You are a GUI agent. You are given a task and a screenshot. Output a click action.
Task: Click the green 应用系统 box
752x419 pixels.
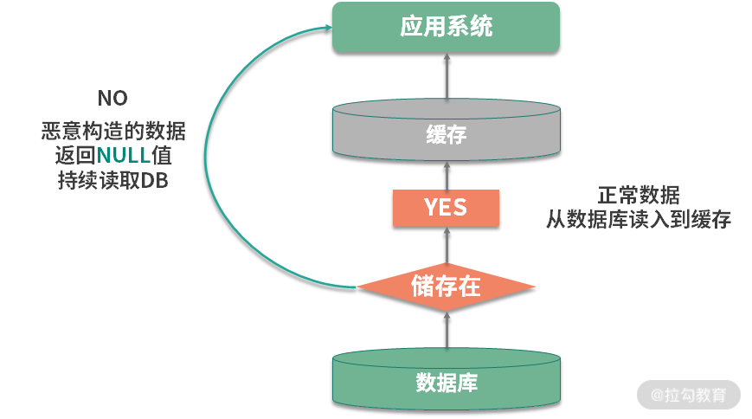(447, 27)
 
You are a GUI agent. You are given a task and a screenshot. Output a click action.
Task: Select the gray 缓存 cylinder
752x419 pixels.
(447, 135)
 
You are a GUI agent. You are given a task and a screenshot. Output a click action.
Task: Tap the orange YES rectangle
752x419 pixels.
(446, 208)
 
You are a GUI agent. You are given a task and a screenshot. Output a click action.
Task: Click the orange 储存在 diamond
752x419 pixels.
(446, 287)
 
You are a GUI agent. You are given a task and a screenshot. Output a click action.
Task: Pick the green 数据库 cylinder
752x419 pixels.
(447, 381)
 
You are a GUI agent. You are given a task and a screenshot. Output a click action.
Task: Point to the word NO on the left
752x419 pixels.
(112, 98)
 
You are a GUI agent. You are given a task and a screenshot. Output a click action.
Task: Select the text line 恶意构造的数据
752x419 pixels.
(112, 132)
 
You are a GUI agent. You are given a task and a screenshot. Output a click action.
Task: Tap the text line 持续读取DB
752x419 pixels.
(112, 182)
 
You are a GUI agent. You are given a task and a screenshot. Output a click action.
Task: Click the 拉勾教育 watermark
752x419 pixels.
(690, 395)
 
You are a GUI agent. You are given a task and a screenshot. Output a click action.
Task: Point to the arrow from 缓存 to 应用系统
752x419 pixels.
(447, 76)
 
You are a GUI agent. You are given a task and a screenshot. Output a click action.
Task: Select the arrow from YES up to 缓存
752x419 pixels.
(447, 176)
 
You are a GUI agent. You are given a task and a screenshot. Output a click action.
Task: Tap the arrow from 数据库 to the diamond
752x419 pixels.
(447, 329)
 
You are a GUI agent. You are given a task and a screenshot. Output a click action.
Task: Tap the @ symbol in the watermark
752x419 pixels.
(657, 396)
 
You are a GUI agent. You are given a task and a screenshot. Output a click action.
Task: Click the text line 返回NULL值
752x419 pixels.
(112, 157)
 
